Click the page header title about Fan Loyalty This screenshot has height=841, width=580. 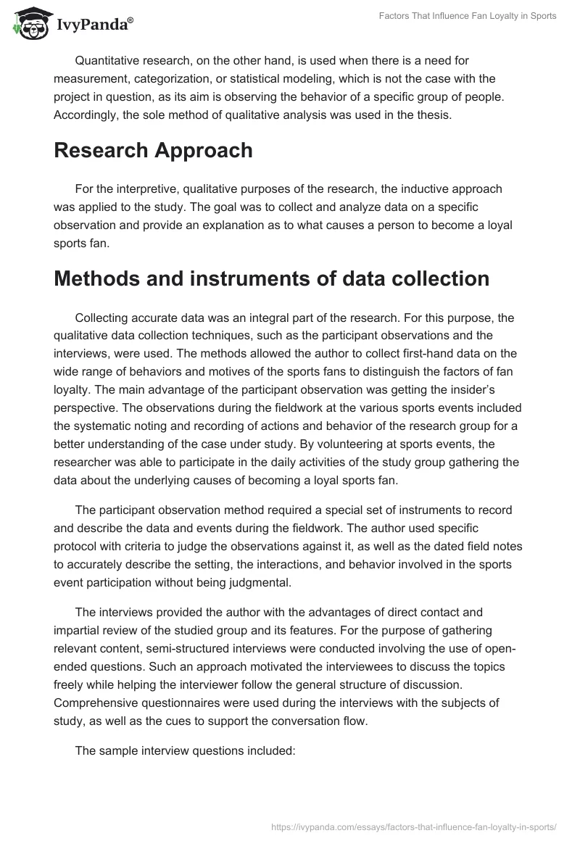[x=468, y=16]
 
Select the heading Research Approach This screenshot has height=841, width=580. [x=153, y=150]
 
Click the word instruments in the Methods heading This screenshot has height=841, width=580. [x=249, y=278]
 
